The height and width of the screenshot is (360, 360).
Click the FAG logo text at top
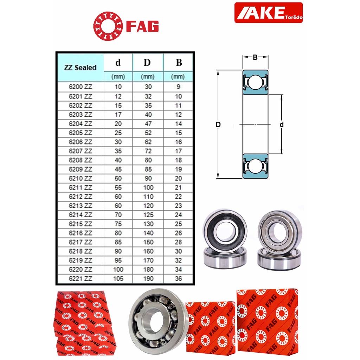click(142, 26)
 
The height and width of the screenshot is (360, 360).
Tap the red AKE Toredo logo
click(268, 13)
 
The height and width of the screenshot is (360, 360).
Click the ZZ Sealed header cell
click(81, 67)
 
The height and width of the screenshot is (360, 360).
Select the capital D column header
click(147, 63)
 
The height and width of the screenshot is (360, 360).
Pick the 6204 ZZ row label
click(81, 124)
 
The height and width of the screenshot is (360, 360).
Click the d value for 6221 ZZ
click(118, 278)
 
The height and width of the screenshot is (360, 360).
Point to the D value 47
click(148, 124)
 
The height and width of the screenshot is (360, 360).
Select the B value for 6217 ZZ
click(178, 242)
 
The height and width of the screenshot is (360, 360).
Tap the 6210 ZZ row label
click(81, 178)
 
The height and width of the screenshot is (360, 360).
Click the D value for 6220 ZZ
click(148, 269)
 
